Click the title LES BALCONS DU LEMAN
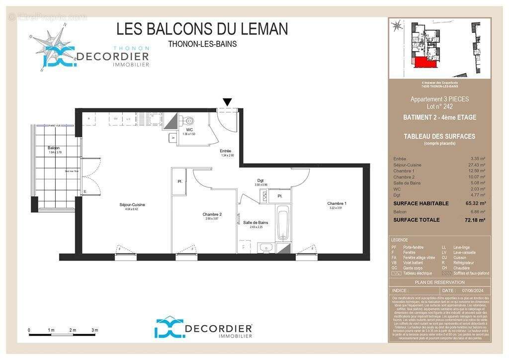202,29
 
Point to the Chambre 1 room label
337,203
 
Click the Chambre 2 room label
212,214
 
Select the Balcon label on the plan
54,148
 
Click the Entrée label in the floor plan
226,151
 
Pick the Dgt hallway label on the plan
260,180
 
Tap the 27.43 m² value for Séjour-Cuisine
477,165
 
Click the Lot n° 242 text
439,106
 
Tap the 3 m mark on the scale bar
95,330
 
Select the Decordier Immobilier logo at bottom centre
203,329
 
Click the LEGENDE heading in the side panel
400,240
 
